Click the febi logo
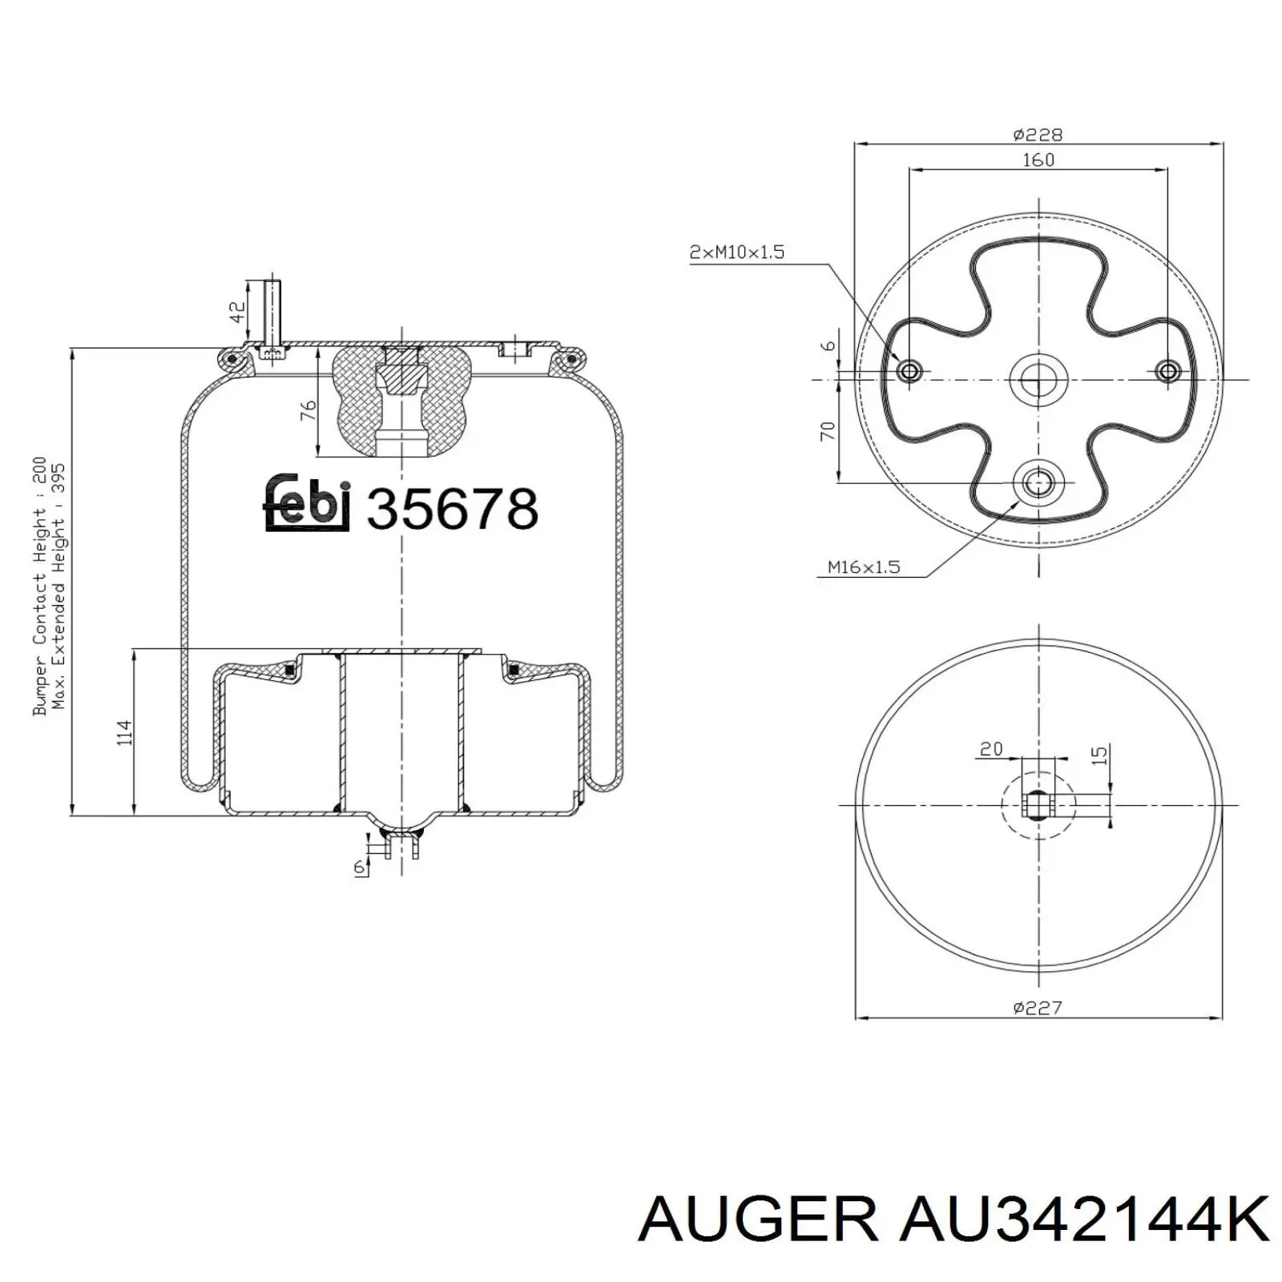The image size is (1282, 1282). pyautogui.click(x=307, y=502)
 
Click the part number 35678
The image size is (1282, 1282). pyautogui.click(x=452, y=509)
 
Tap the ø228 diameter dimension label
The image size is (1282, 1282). pyautogui.click(x=1038, y=135)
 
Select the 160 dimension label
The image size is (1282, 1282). pyautogui.click(x=1038, y=159)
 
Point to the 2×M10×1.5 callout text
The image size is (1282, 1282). pyautogui.click(x=737, y=252)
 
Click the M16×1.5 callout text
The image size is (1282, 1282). pyautogui.click(x=864, y=567)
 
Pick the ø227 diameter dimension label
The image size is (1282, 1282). pyautogui.click(x=1038, y=1007)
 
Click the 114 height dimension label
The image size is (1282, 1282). pyautogui.click(x=124, y=733)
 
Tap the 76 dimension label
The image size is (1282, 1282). pyautogui.click(x=308, y=410)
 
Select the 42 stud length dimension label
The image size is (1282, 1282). pyautogui.click(x=237, y=312)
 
